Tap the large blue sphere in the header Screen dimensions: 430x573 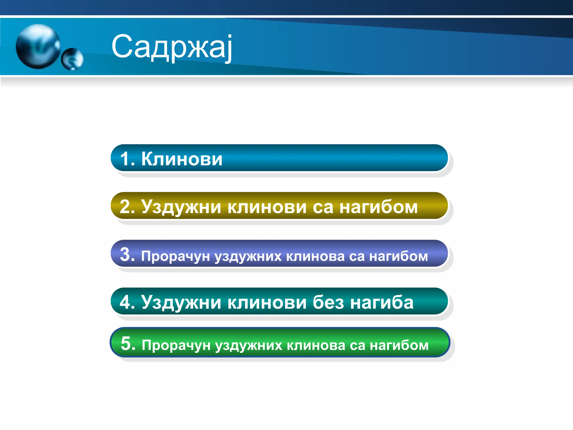(x=38, y=46)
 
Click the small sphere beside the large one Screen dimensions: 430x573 (x=72, y=59)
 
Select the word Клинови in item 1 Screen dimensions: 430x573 (x=182, y=159)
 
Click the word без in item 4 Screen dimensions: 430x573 (x=328, y=302)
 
